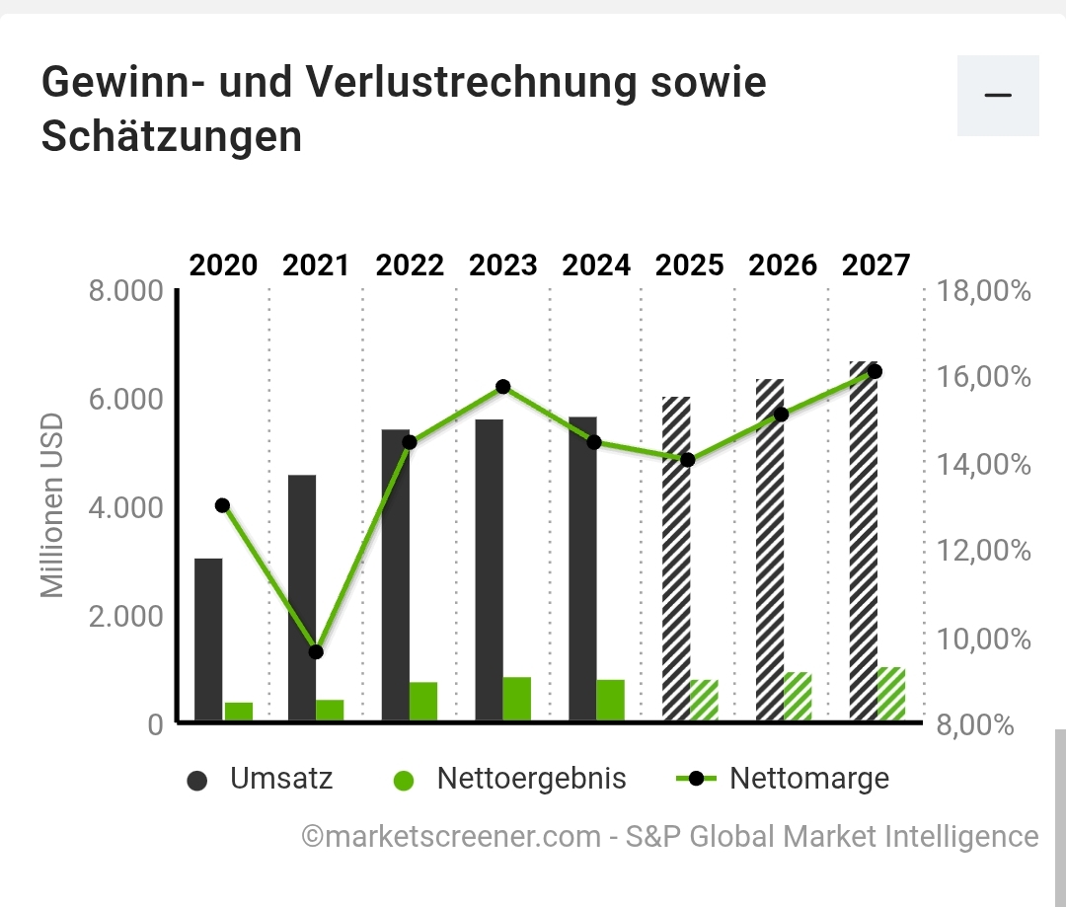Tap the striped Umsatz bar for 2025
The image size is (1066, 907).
[x=675, y=559]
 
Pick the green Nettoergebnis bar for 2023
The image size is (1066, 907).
[x=516, y=699]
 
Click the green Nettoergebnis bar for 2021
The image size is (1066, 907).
[x=330, y=711]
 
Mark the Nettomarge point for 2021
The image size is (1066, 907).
[x=316, y=651]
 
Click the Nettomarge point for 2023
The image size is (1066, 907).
[x=502, y=387]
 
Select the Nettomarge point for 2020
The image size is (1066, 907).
[x=222, y=505]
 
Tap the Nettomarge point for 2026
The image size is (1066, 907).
[x=782, y=414]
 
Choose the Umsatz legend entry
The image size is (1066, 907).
[x=261, y=779]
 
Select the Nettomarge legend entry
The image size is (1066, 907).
[x=784, y=779]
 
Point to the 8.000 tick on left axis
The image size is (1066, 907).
[x=125, y=292]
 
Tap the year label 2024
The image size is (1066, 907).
[x=596, y=265]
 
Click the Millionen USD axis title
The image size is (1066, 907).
[x=52, y=506]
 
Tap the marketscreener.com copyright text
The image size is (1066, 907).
[x=670, y=837]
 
